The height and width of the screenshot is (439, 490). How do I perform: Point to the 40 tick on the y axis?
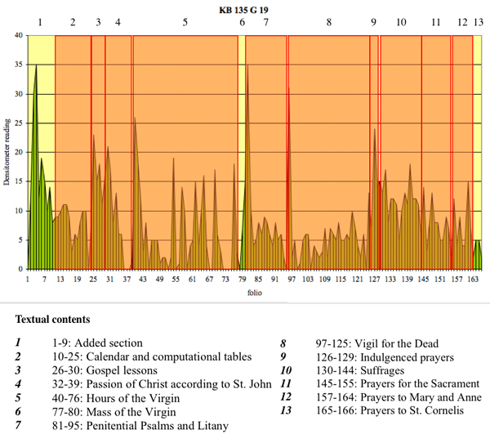pyautogui.click(x=19, y=36)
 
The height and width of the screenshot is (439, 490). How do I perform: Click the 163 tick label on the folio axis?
pyautogui.click(x=472, y=279)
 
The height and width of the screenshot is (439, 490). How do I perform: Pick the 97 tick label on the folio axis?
pyautogui.click(x=290, y=279)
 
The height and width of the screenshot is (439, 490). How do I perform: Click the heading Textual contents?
pyautogui.click(x=52, y=318)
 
